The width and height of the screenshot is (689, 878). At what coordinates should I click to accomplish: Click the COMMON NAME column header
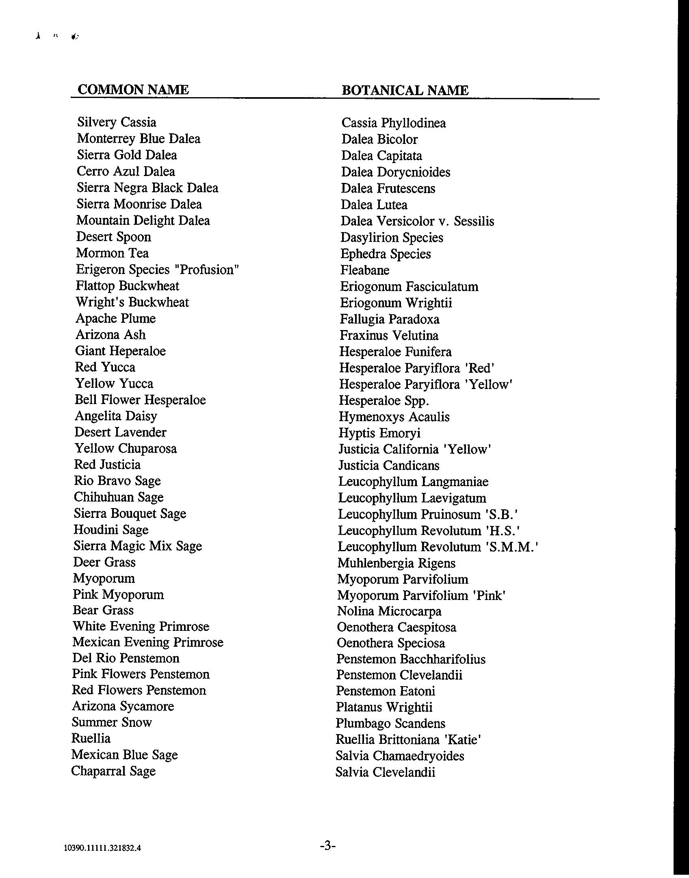pyautogui.click(x=133, y=89)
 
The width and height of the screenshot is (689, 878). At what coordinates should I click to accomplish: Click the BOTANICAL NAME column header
pyautogui.click(x=405, y=90)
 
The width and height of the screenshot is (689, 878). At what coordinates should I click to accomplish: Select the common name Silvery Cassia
pyautogui.click(x=117, y=122)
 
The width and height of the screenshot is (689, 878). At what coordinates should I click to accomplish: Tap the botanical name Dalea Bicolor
pyautogui.click(x=379, y=139)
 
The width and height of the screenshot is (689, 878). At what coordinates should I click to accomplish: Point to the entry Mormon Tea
pyautogui.click(x=112, y=253)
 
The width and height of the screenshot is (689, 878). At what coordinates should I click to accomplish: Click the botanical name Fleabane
pyautogui.click(x=364, y=270)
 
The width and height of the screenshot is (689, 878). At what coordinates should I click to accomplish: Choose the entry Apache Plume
pyautogui.click(x=115, y=318)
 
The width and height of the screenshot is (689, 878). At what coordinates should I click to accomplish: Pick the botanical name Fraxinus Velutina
pyautogui.click(x=389, y=336)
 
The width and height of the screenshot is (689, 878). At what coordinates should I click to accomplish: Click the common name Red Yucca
pyautogui.click(x=105, y=367)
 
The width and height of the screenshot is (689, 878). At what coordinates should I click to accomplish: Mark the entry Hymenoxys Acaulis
pyautogui.click(x=394, y=417)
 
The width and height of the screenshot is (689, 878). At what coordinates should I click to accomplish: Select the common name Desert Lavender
pyautogui.click(x=120, y=432)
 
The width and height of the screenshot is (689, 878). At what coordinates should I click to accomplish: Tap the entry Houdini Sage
pyautogui.click(x=111, y=530)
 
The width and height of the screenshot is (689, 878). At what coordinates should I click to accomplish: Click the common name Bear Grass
pyautogui.click(x=103, y=610)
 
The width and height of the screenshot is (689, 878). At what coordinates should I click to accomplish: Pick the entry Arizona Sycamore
pyautogui.click(x=123, y=706)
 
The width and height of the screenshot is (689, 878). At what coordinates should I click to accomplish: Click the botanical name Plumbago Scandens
pyautogui.click(x=390, y=724)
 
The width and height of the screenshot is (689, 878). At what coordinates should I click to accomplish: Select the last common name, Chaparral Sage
pyautogui.click(x=113, y=771)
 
